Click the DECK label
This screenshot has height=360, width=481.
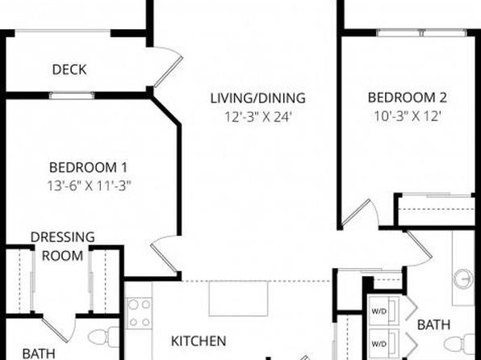(x=69, y=69)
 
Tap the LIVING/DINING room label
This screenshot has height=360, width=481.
(x=257, y=98)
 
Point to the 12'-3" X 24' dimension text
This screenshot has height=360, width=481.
(x=257, y=117)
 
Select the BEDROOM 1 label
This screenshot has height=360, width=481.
(x=88, y=168)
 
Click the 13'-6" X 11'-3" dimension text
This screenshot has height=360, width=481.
(x=89, y=186)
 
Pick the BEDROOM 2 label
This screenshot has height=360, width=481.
(x=408, y=98)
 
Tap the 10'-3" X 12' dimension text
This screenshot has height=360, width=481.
(x=408, y=116)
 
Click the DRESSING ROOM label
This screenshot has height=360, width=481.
(x=63, y=246)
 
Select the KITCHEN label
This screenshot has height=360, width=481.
(x=199, y=341)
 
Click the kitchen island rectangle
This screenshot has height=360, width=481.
(x=238, y=299)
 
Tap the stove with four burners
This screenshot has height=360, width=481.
(x=140, y=313)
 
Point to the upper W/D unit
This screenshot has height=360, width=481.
(x=384, y=311)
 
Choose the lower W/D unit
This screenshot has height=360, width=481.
(x=384, y=343)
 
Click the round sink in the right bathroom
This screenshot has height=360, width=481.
(x=464, y=278)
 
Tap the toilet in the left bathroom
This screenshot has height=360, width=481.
(x=103, y=337)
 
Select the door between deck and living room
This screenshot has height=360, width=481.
(x=168, y=67)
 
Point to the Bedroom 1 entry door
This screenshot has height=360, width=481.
(x=165, y=254)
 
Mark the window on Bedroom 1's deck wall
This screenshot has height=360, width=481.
(x=72, y=95)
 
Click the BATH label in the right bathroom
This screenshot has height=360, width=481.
(x=433, y=324)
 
